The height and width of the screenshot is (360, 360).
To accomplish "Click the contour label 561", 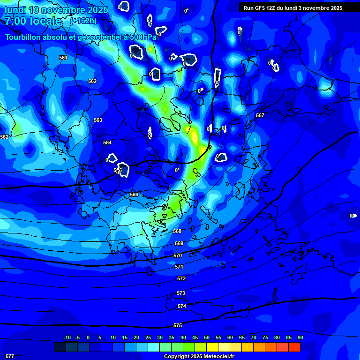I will (63, 58).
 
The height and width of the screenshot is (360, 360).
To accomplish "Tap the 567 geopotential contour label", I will (260, 115).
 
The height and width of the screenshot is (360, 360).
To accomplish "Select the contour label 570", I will (178, 255).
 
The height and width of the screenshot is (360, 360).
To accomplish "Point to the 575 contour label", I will (178, 325).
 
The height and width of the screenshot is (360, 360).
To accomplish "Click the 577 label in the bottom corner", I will (10, 356).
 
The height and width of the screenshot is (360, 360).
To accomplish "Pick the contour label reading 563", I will (98, 120).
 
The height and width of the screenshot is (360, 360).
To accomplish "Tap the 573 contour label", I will (181, 293).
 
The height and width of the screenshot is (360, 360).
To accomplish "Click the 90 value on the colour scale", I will (300, 337).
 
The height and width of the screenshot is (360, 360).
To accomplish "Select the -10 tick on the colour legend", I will (67, 337).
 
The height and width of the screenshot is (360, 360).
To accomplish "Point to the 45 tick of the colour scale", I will (195, 337).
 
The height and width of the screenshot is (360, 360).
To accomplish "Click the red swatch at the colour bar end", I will (294, 347).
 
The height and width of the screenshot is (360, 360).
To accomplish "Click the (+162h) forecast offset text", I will (83, 21).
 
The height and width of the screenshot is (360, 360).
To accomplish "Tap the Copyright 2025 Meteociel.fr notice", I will (199, 356).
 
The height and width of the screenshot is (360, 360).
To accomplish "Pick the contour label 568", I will (177, 231).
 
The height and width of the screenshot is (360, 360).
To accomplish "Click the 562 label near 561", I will (92, 81).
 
